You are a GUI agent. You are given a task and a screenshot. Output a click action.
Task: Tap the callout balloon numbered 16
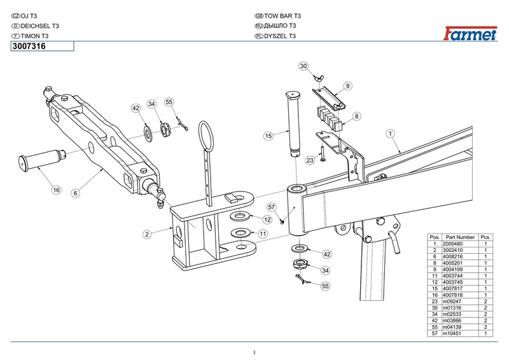coord(56,190)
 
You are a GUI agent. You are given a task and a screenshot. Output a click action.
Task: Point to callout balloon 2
coord(146,235)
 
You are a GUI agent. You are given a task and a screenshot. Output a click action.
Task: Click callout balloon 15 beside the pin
coord(268,135)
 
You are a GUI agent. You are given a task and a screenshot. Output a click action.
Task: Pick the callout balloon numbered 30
coord(303,66)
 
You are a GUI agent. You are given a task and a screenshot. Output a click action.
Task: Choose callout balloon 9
coord(348,85)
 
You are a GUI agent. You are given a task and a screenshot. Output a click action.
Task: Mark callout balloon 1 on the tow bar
coord(390,134)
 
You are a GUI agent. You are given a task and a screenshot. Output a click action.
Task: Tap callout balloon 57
coord(270,207)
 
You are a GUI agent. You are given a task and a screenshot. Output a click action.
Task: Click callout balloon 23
coord(310,161)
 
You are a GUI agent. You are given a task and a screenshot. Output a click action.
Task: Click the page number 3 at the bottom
coord(254,353)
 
